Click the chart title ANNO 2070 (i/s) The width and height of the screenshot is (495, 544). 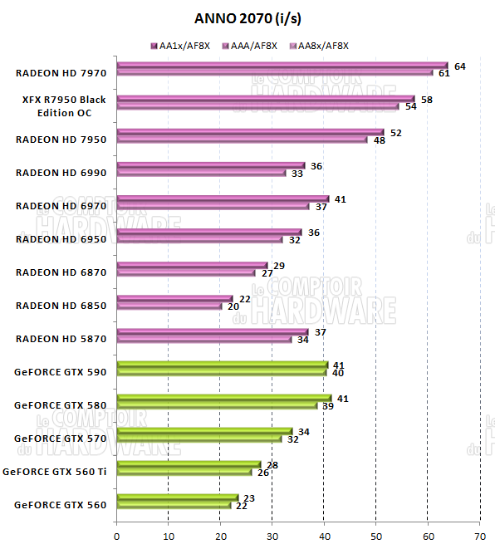(x=247, y=18)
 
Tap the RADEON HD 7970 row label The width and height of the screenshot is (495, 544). (x=61, y=73)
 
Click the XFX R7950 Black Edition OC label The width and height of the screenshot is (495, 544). (x=64, y=106)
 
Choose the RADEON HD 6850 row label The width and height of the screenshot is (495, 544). (x=61, y=306)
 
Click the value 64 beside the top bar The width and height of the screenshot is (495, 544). (x=460, y=66)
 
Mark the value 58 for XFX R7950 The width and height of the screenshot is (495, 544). (x=427, y=99)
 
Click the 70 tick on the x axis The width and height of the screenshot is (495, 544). (x=479, y=535)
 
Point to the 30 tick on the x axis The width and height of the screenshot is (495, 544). (x=272, y=535)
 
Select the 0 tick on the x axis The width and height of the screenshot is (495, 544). (x=117, y=535)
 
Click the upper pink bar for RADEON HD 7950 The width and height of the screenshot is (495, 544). (x=250, y=132)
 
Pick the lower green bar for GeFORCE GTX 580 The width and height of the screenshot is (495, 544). (x=217, y=405)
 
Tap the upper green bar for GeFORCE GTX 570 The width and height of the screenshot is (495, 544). (x=204, y=431)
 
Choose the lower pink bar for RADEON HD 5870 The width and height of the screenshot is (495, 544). (x=204, y=339)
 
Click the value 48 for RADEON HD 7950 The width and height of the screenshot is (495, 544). (x=380, y=140)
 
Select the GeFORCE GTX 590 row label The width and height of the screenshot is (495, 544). (x=61, y=372)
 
